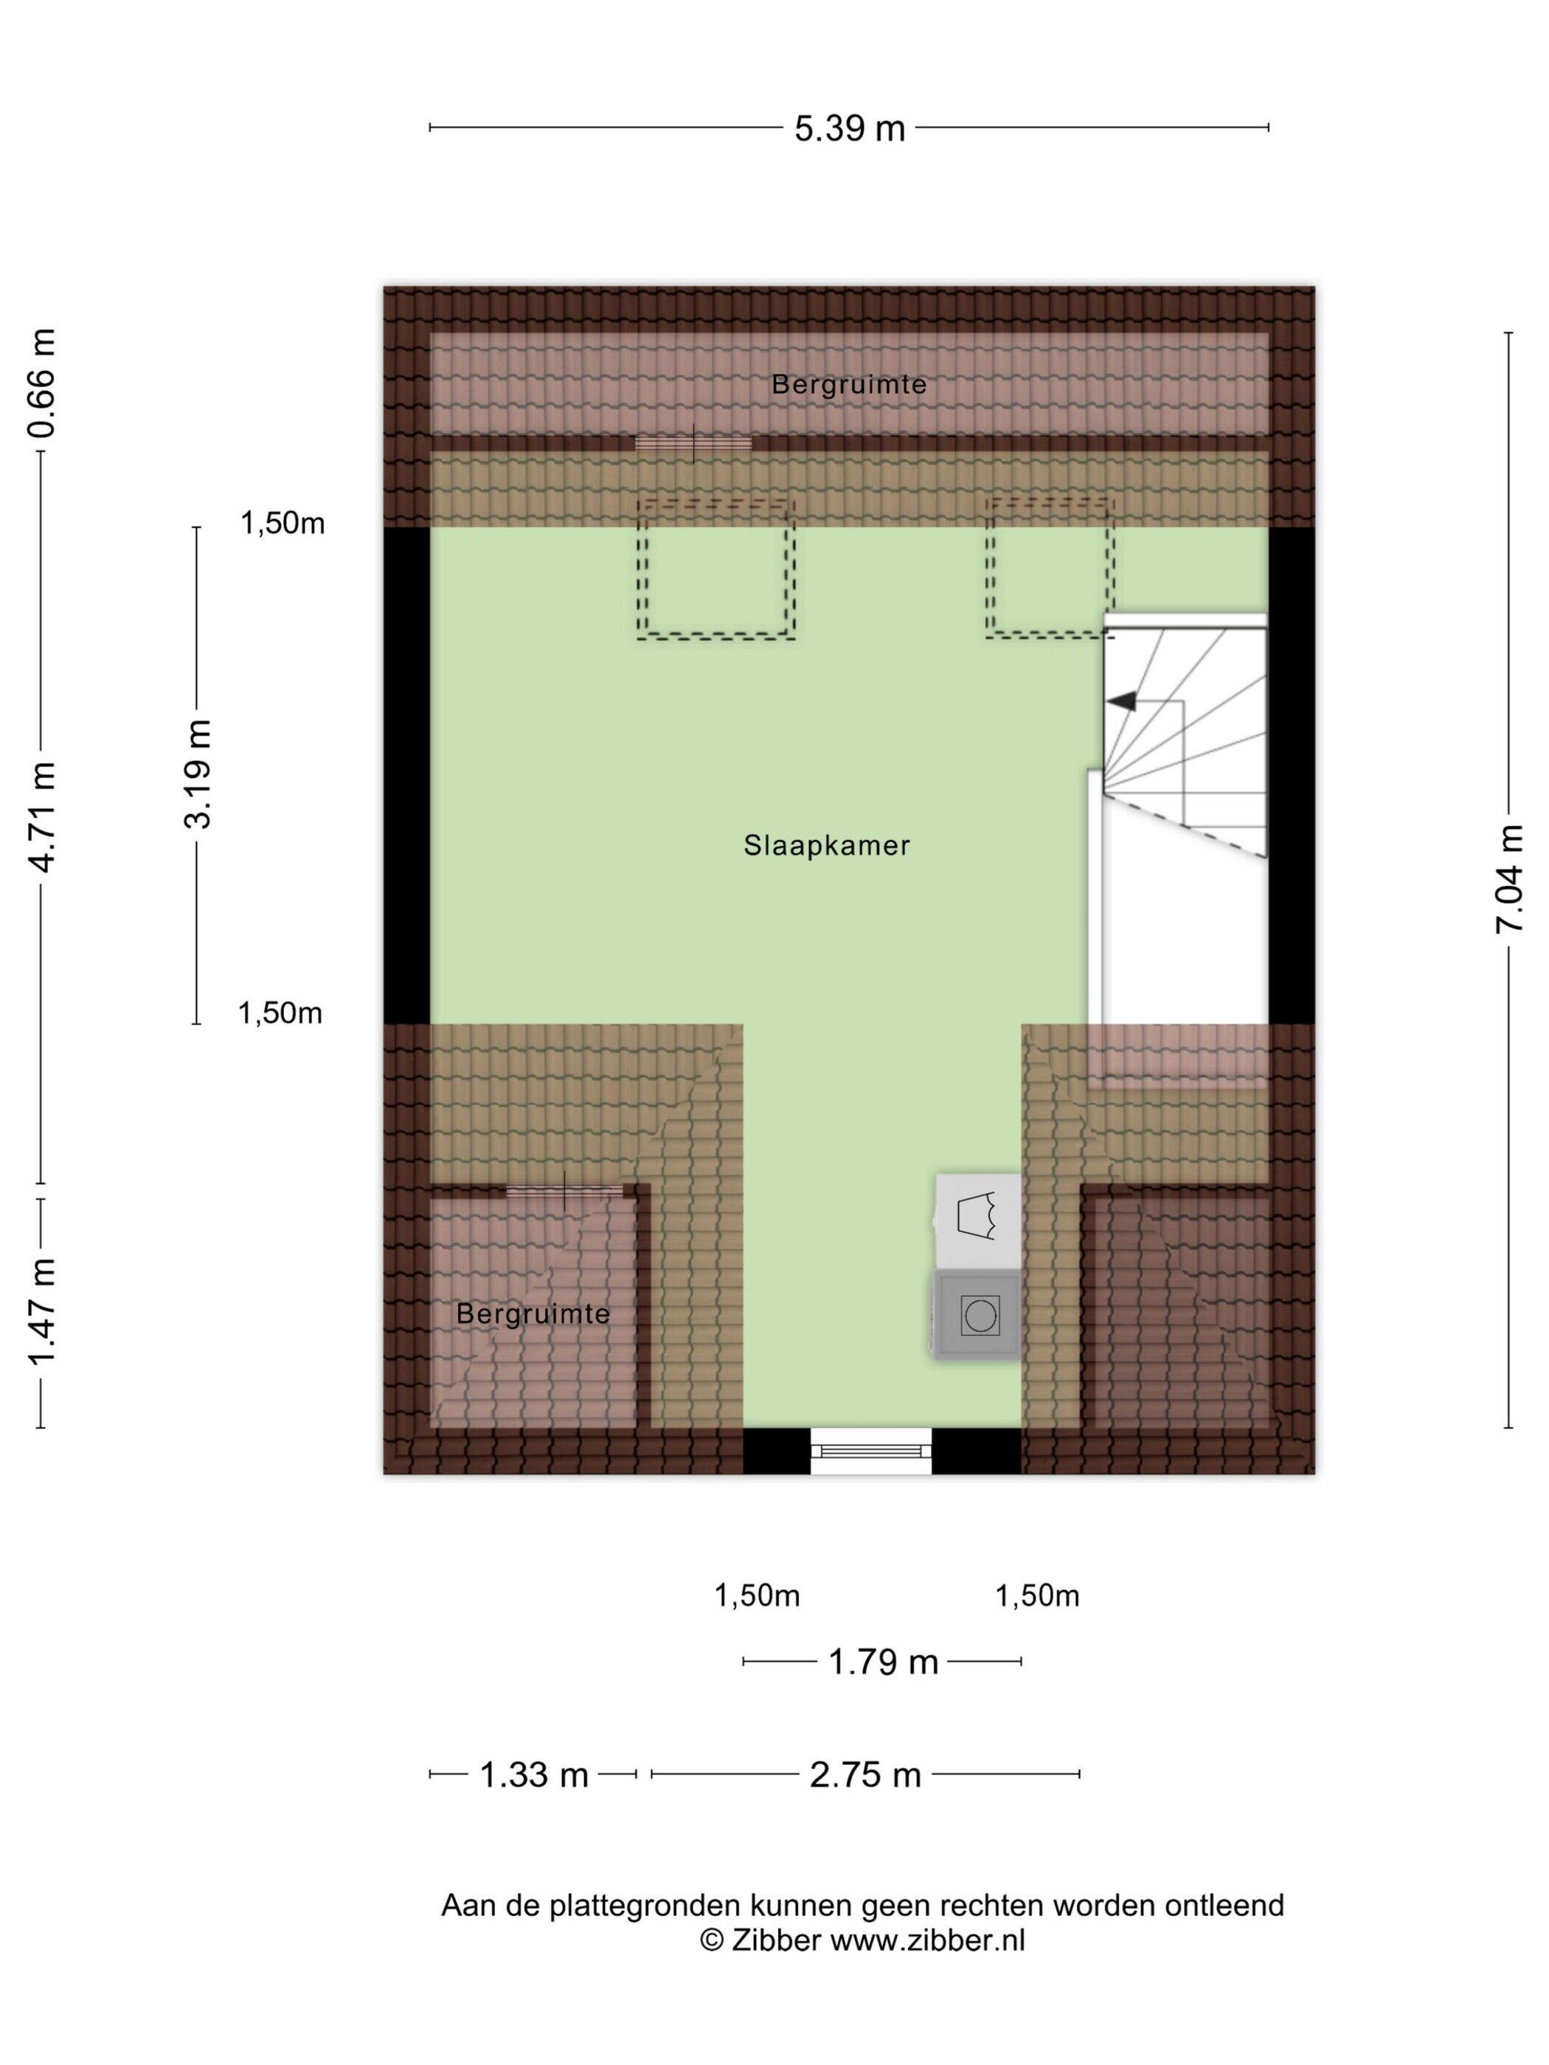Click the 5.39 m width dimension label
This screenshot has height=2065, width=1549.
click(x=849, y=127)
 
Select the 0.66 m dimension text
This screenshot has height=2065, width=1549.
click(x=42, y=383)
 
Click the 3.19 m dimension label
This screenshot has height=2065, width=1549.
click(x=198, y=773)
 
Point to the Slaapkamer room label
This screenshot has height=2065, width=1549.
click(x=826, y=846)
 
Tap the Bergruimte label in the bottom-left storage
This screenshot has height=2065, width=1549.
click(x=533, y=1313)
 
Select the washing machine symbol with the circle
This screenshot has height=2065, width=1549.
click(x=977, y=1316)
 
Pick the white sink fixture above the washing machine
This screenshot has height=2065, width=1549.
click(x=977, y=1220)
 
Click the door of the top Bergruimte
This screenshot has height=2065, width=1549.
click(x=693, y=443)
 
